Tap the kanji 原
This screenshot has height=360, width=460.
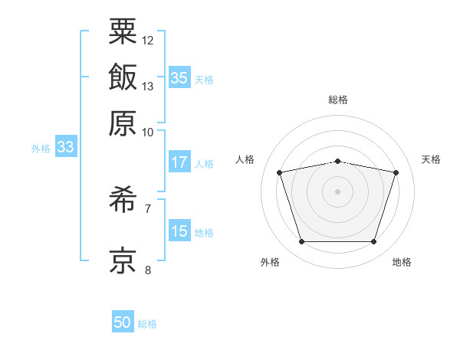[123, 123]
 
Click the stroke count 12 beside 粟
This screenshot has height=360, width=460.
[148, 40]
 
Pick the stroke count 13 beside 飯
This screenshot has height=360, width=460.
[148, 87]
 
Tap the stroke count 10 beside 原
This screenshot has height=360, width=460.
[148, 133]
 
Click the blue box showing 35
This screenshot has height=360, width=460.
[179, 78]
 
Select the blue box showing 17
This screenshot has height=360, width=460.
[179, 162]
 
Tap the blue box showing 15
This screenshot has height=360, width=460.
[179, 231]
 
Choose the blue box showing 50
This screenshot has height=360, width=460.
[123, 322]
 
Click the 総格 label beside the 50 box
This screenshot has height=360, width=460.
[147, 324]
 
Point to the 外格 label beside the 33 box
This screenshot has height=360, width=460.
[41, 149]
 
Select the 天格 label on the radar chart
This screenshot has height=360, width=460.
[431, 159]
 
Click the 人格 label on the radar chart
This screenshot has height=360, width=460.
[245, 159]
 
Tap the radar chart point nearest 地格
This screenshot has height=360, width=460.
[373, 242]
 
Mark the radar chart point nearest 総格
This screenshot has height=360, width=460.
[337, 161]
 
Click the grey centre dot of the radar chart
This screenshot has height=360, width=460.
[337, 191]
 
